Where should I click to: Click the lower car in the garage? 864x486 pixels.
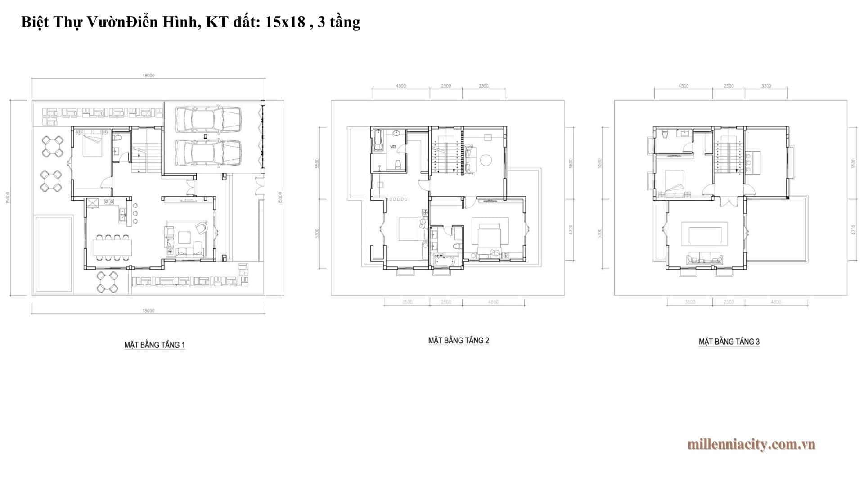pos(208,153)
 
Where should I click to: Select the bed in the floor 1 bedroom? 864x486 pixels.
pos(93,144)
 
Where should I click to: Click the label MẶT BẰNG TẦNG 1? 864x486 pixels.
pos(154,345)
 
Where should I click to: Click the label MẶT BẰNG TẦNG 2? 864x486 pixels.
pos(458,341)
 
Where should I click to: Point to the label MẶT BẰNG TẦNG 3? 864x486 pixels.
pos(729,342)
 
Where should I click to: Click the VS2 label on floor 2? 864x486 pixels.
pos(393,147)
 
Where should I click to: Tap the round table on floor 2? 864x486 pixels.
pos(486,160)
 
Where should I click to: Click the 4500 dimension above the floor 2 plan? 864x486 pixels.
pos(400,86)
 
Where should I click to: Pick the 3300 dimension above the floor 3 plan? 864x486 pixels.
pos(766,86)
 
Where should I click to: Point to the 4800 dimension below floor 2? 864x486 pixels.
pos(493,302)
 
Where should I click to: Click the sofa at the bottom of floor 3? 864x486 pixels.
pos(704,259)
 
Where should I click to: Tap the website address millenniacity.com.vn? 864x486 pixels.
pos(751,444)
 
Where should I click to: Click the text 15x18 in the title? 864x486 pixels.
pos(285,22)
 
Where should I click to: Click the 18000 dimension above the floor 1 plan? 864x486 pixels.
pos(148,76)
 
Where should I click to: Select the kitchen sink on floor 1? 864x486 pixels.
pos(121,216)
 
